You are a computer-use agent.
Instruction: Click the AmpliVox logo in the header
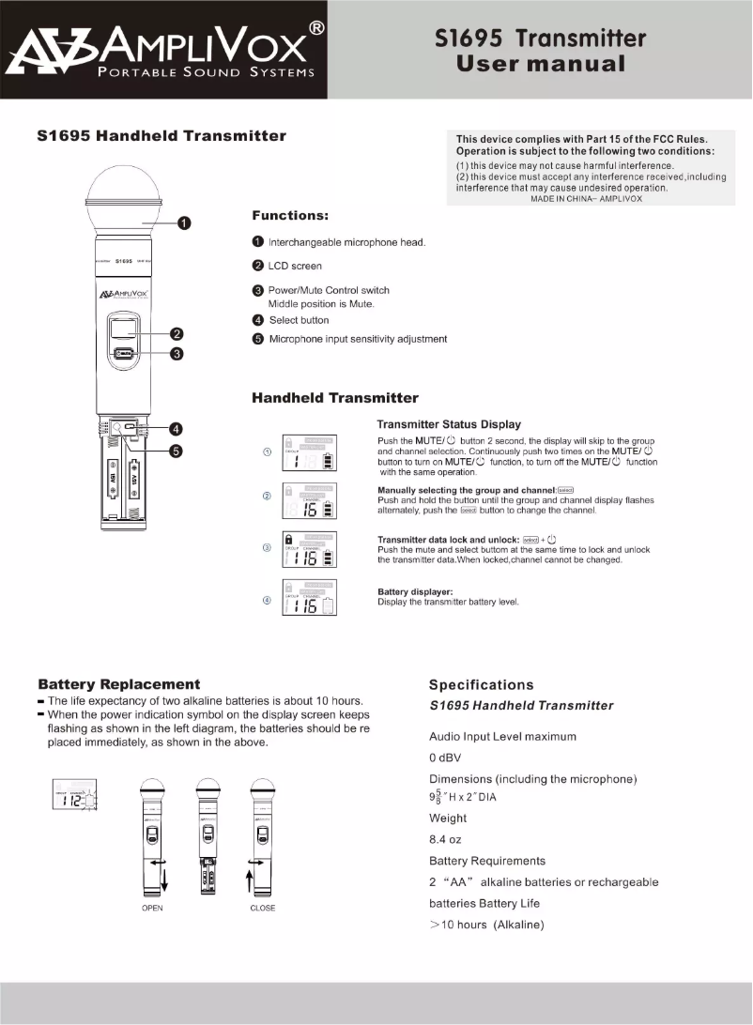164,50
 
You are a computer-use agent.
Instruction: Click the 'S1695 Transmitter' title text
541,38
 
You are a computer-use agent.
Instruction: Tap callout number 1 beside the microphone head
185,222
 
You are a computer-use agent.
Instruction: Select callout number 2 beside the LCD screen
176,334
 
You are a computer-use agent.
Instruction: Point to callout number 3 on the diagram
176,354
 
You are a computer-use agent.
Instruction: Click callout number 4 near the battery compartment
176,429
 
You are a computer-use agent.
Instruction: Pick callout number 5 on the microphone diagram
176,451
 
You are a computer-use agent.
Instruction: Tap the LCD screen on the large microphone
124,329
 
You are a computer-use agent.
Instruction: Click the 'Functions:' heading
289,216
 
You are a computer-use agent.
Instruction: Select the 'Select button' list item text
299,320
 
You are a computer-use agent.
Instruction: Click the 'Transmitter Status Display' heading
448,424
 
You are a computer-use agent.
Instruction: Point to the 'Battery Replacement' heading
118,684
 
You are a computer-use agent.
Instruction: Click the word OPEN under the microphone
152,908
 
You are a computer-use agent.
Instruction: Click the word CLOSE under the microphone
263,908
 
